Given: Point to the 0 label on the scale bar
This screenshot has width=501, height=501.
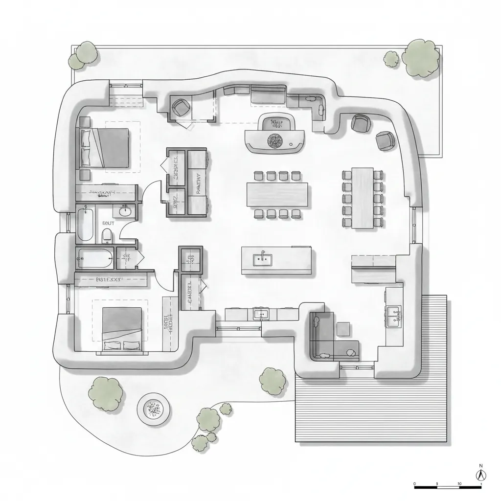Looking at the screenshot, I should (x=414, y=484).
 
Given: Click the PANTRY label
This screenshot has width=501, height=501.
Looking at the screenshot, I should (x=199, y=184).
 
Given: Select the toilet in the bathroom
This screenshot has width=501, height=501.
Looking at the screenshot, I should (x=108, y=237).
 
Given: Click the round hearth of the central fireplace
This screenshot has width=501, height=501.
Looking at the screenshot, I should (x=274, y=140).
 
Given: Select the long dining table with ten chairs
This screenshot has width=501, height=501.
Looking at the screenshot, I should (x=363, y=198).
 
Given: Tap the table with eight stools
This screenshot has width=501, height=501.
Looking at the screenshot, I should (x=277, y=194).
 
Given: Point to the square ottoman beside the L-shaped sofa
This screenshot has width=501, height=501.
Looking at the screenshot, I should (x=343, y=329).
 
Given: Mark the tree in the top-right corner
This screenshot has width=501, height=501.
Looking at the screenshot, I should (x=421, y=57).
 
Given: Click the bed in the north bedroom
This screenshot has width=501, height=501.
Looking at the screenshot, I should (x=105, y=148).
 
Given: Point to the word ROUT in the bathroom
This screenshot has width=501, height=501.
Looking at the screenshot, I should (x=108, y=223).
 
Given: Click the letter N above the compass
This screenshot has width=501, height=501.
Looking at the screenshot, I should (x=481, y=465).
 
